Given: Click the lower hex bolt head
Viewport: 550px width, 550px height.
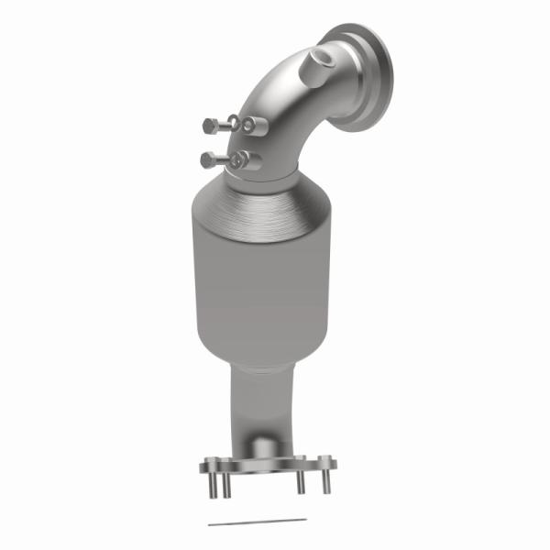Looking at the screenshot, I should click(x=208, y=160).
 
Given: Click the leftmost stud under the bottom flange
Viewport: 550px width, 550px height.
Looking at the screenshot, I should click(x=219, y=486).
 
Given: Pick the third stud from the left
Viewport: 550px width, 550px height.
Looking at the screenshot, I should click(x=299, y=484).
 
